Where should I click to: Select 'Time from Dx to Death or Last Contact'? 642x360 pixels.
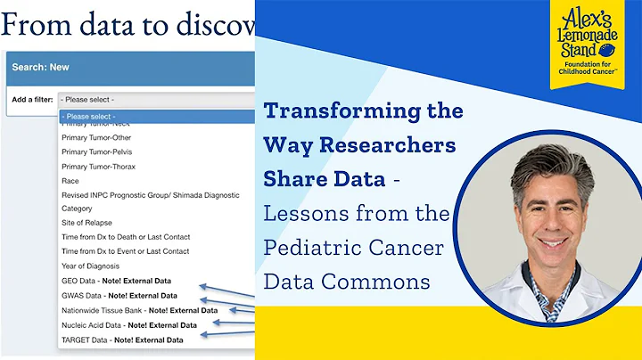pos(125,237)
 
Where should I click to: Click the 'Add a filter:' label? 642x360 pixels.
pos(31,99)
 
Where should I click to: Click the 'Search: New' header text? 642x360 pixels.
pos(41,67)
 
